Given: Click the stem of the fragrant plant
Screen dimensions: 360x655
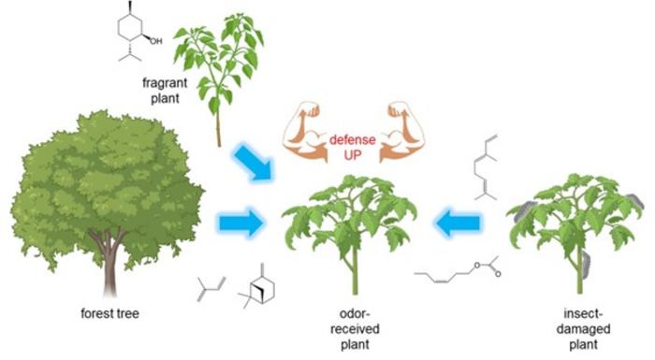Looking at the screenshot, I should point(219,122).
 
